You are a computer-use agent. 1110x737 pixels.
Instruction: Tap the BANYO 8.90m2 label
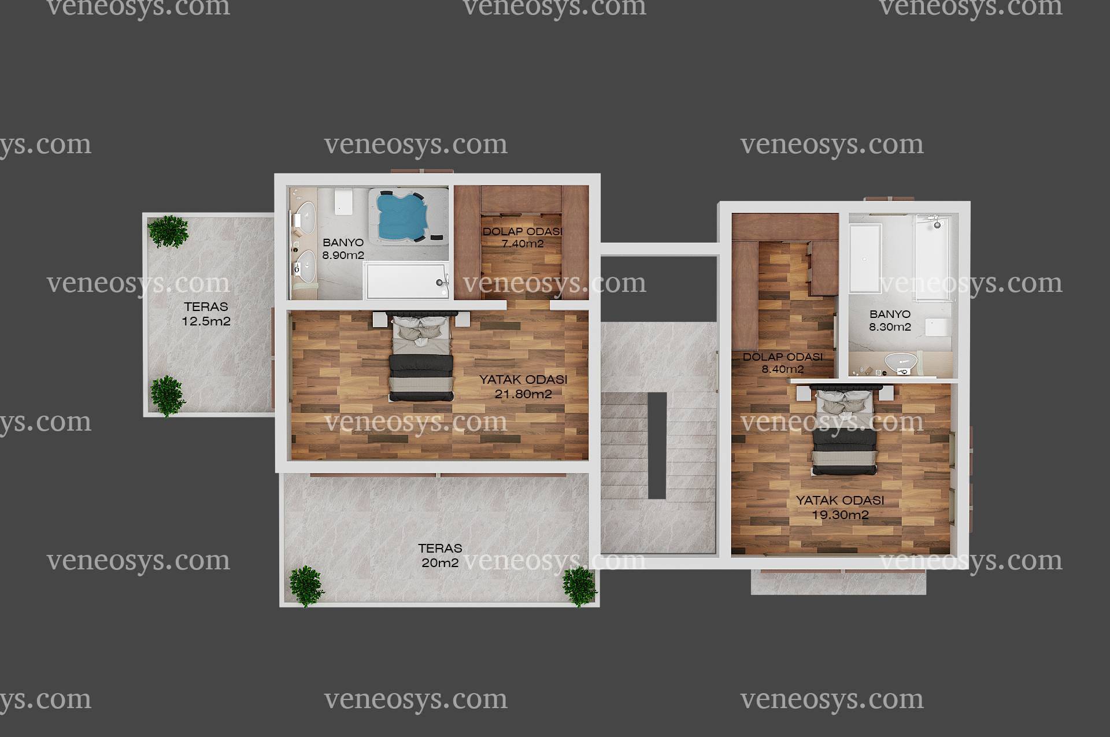coord(343,249)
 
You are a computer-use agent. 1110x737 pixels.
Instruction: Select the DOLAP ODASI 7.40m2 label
coord(522,238)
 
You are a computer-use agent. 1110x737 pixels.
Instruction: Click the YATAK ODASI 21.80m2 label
coord(523,387)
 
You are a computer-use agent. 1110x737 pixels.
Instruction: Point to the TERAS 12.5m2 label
coord(206,314)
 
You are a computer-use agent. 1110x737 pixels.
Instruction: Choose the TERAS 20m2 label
coord(440,555)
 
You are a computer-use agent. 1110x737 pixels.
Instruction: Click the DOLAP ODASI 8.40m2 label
coord(783,363)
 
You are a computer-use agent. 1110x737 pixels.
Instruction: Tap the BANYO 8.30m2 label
coord(890,321)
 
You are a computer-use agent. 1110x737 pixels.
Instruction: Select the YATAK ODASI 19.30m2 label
coord(840,508)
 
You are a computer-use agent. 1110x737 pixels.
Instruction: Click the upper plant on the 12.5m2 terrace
coord(168,231)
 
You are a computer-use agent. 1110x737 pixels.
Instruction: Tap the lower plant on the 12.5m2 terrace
coord(168,396)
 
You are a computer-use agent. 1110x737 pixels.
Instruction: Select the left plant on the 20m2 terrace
coord(306,586)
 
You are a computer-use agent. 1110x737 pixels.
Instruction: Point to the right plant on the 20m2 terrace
coord(579,586)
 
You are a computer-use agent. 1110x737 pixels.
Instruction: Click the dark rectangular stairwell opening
coord(657,445)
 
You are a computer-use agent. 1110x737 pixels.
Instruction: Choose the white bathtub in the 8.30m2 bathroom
coord(865,258)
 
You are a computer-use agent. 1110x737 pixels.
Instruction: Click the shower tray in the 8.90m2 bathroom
coord(407,281)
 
